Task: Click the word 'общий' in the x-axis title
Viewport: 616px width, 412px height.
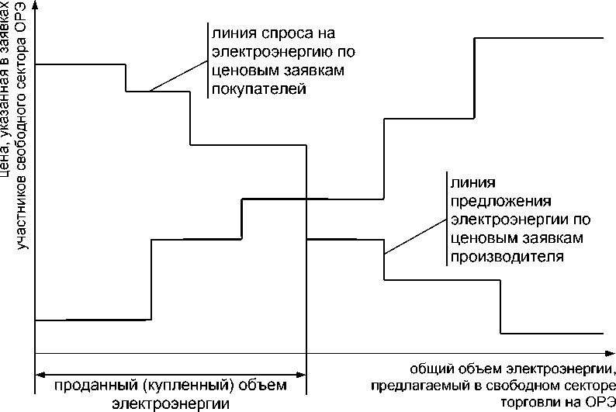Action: [424, 367]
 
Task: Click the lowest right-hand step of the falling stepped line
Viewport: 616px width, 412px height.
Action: [552, 334]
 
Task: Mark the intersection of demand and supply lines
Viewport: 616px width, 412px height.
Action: [308, 199]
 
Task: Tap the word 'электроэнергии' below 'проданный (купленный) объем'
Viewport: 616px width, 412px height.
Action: [171, 403]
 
